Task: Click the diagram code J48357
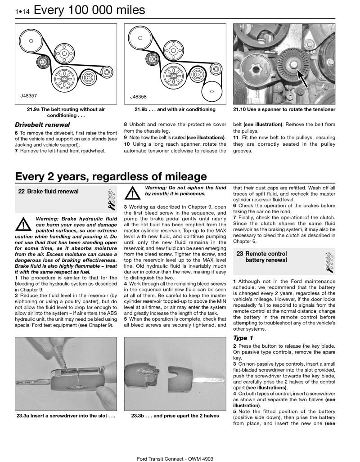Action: (29, 96)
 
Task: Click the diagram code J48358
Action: (138, 96)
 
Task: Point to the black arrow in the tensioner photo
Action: (308, 78)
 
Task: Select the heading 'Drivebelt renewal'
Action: (42, 125)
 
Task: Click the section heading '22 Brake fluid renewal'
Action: (48, 192)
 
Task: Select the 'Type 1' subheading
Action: (243, 338)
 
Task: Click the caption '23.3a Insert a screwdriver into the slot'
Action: (66, 416)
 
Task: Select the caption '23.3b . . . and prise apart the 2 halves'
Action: (175, 416)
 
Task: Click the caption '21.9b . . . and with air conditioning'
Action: (175, 109)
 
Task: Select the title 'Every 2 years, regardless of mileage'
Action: (111, 176)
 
